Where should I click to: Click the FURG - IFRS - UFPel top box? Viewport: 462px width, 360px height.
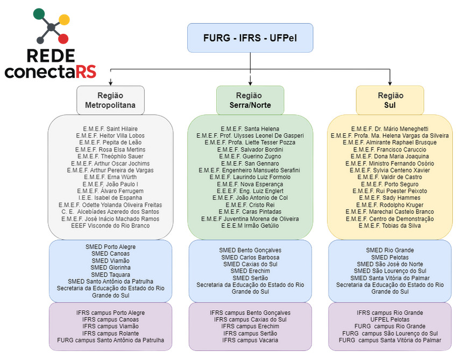(x=250, y=38)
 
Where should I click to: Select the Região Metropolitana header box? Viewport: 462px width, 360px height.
(x=110, y=100)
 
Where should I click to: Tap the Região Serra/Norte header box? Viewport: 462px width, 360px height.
(x=250, y=100)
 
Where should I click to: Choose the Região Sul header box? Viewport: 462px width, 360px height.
(x=390, y=100)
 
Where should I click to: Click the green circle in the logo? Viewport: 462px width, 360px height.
(x=39, y=14)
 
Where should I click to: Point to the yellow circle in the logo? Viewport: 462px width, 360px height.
(x=64, y=20)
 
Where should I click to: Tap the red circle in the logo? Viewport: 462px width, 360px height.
(x=63, y=38)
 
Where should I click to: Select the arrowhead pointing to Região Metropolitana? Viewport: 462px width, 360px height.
(x=110, y=82)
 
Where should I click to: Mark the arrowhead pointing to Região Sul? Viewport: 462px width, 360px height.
(x=390, y=82)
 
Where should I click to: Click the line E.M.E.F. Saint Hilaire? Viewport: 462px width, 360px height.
(x=110, y=129)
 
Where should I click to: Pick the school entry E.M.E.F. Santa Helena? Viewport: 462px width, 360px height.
(x=250, y=129)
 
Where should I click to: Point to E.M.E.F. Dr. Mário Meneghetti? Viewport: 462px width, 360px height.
(x=390, y=129)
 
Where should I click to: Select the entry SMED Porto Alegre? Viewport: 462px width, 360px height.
(x=110, y=247)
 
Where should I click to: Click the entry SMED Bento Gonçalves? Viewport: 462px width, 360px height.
(x=250, y=250)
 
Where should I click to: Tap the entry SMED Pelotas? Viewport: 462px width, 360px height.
(x=390, y=257)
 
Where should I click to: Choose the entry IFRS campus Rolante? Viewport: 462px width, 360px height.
(x=110, y=333)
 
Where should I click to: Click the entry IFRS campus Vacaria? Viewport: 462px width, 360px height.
(x=250, y=340)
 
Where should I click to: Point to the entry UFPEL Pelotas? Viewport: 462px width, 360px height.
(x=390, y=319)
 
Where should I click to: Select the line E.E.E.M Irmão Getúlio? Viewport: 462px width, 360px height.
(x=250, y=226)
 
